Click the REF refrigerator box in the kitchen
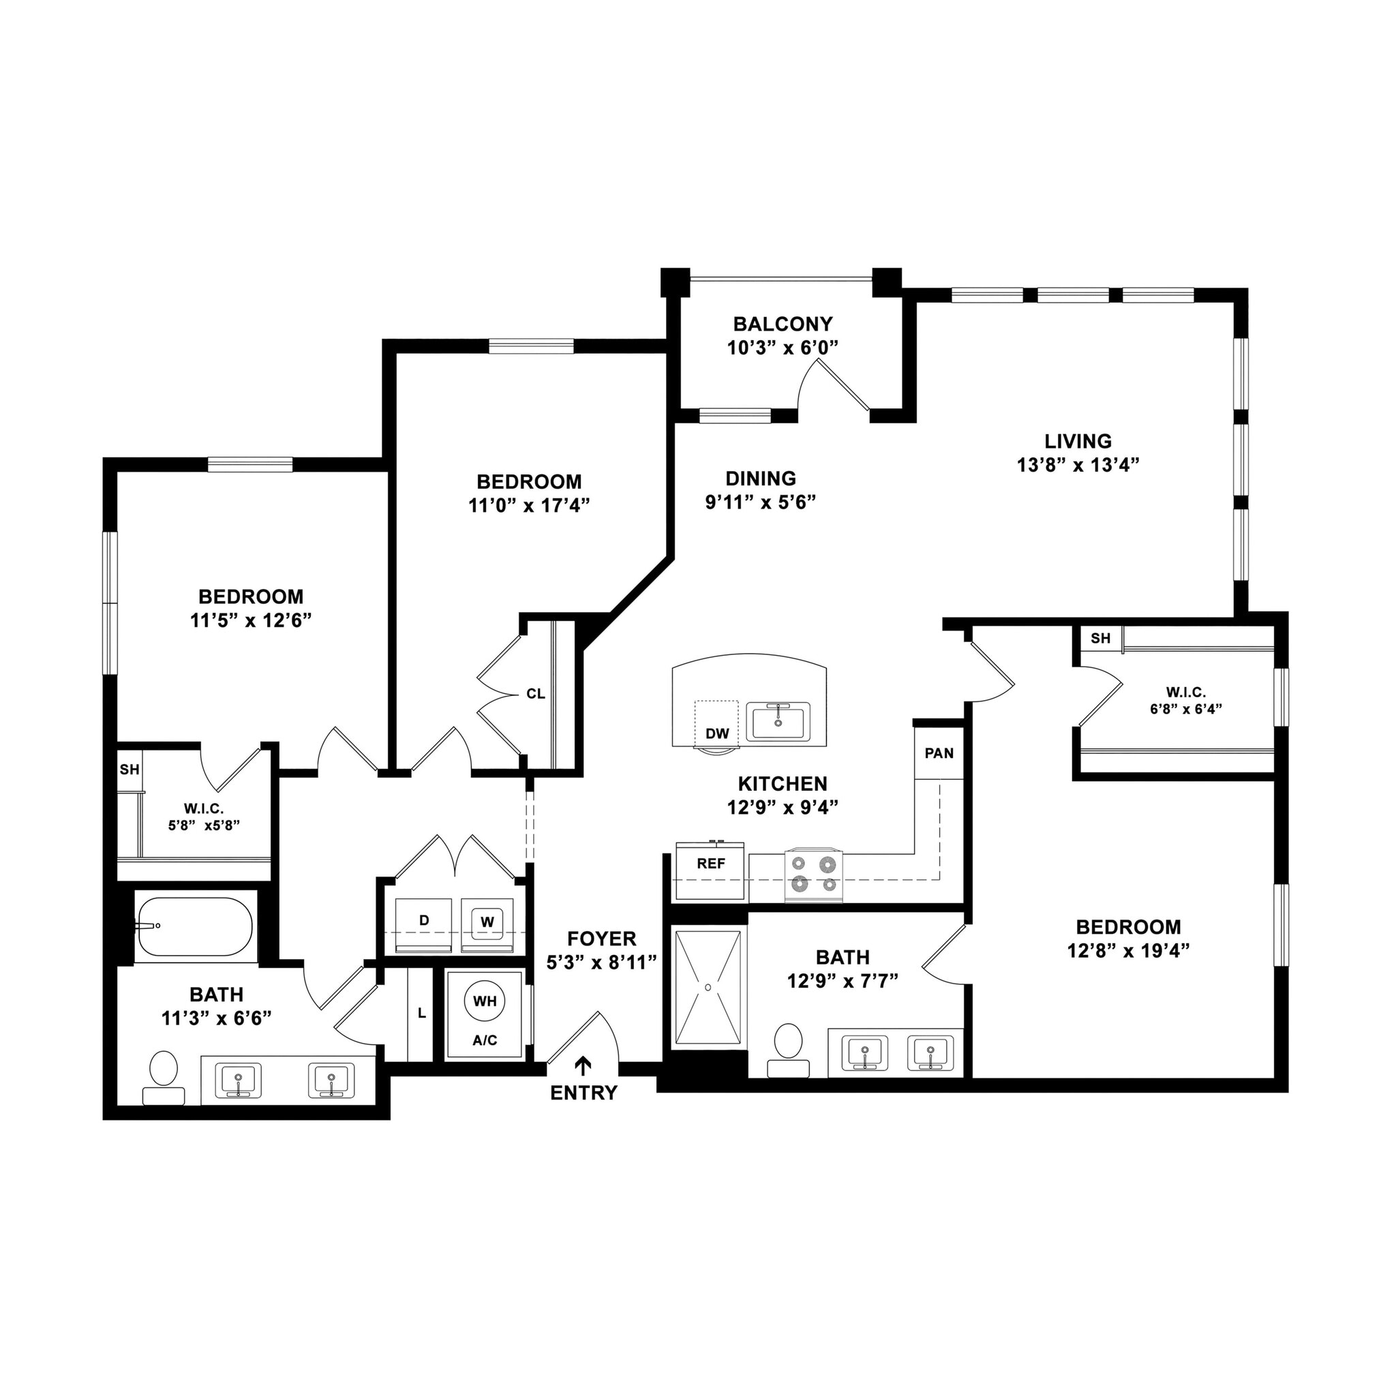[x=710, y=871]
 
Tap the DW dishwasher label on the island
[x=717, y=734]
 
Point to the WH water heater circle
[x=485, y=1001]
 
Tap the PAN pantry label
[x=939, y=754]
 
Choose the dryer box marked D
[x=424, y=922]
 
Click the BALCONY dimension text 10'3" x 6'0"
[x=783, y=348]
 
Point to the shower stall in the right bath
[x=708, y=988]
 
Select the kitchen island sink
[x=778, y=721]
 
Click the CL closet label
[x=535, y=695]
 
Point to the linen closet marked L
[x=421, y=1014]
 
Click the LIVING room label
[x=1078, y=441]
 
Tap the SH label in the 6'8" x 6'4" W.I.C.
[x=1100, y=638]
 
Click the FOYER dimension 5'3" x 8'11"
[x=601, y=962]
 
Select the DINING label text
[x=760, y=479]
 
